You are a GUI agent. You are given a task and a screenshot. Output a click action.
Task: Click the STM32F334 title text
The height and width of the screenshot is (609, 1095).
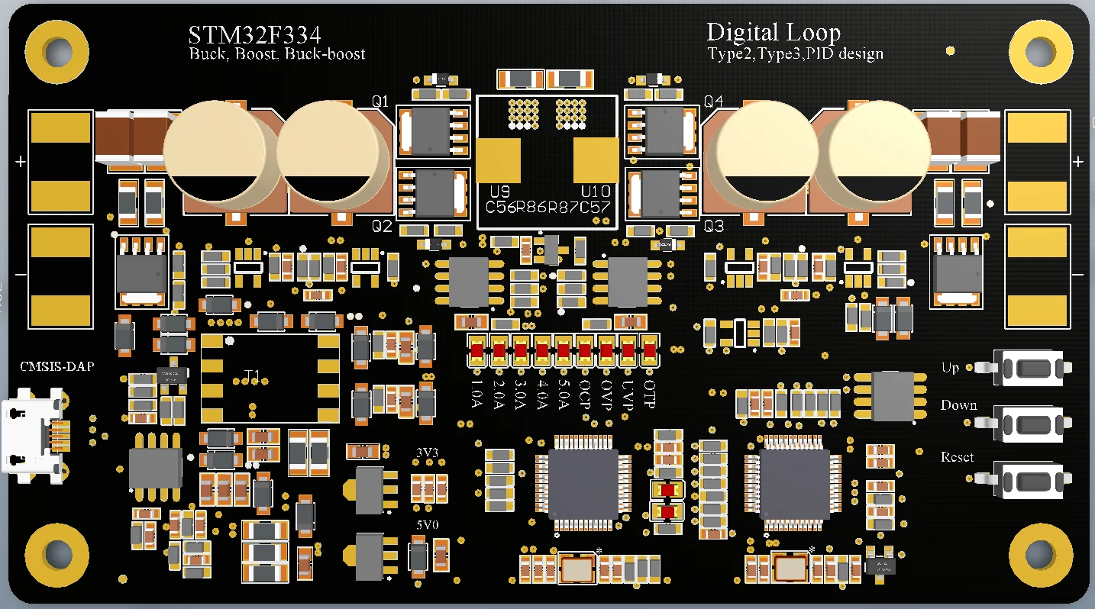click(x=254, y=35)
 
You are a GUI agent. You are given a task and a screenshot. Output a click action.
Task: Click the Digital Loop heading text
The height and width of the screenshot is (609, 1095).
click(x=773, y=33)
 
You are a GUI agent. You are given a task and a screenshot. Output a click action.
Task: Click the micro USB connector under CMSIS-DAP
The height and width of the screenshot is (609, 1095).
click(x=32, y=437)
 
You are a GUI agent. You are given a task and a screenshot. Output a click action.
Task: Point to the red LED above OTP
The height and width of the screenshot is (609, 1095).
click(x=650, y=351)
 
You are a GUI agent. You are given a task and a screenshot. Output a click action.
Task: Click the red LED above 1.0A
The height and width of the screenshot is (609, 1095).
click(x=477, y=351)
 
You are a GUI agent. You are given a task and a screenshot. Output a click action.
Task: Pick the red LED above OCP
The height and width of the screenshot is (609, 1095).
click(x=585, y=351)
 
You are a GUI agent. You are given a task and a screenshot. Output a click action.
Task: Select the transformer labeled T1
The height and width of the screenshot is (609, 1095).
click(x=270, y=378)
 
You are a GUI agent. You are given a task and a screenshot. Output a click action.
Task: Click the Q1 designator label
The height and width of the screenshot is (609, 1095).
click(x=380, y=101)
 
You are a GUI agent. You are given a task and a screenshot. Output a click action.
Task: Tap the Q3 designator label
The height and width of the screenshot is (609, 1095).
click(x=713, y=227)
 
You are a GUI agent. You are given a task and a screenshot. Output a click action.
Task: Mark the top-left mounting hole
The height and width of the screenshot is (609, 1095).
click(x=56, y=53)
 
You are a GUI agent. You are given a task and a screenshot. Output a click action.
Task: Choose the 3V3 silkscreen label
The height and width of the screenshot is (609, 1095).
click(x=427, y=453)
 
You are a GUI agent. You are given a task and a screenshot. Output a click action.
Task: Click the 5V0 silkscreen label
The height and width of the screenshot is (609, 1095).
click(x=427, y=526)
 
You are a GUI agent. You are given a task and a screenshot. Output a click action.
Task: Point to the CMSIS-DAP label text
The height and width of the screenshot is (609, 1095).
click(x=57, y=367)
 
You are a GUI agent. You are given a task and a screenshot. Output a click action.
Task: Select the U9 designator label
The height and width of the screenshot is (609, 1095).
click(x=499, y=191)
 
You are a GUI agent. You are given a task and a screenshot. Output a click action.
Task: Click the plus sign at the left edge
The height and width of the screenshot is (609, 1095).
click(x=21, y=162)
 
